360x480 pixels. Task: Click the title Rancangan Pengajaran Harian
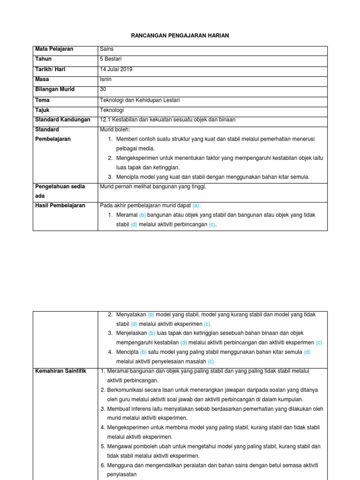(x=180, y=36)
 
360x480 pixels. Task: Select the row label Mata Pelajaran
(x=54, y=49)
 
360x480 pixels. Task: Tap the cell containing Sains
(x=107, y=49)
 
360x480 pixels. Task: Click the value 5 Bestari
(x=112, y=59)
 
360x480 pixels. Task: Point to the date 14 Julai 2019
(x=116, y=69)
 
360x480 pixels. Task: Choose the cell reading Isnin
(x=106, y=80)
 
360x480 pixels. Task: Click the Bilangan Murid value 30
(x=104, y=90)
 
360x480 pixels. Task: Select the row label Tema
(x=42, y=100)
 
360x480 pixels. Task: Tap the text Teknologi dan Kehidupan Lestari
(x=140, y=100)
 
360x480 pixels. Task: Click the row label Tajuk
(x=43, y=110)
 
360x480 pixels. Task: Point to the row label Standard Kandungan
(x=62, y=120)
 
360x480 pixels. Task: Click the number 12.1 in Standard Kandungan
(x=105, y=120)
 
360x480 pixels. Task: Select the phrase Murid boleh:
(x=115, y=129)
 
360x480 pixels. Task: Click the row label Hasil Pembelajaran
(x=60, y=205)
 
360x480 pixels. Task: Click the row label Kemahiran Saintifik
(x=61, y=371)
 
